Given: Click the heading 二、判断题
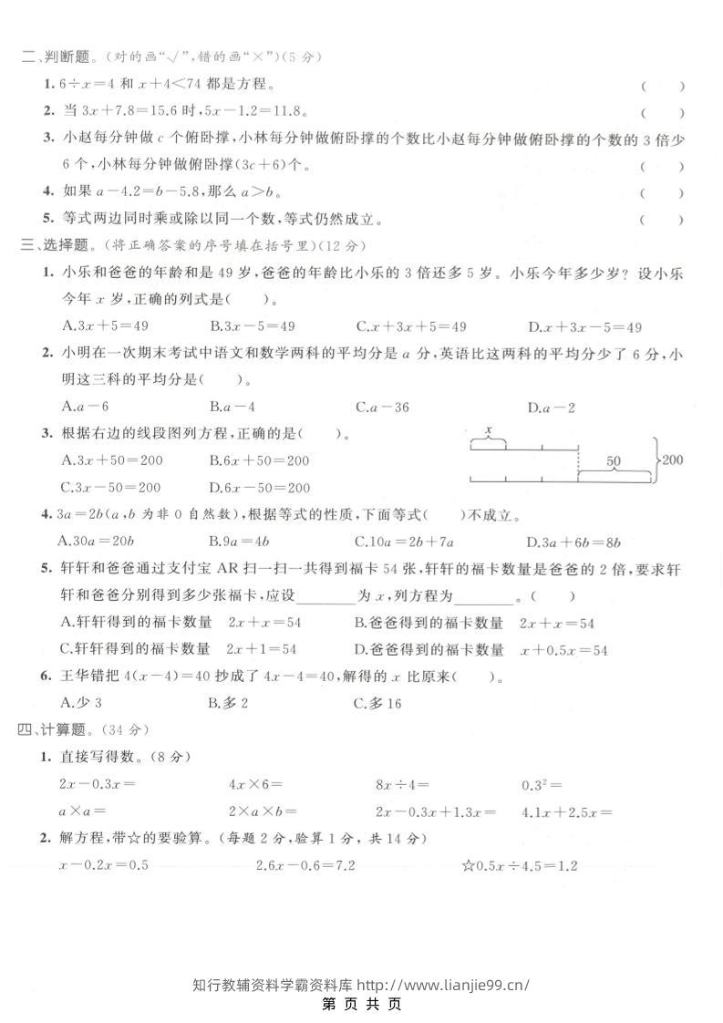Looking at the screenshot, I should (x=56, y=57).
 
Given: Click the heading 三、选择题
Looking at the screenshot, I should (x=56, y=244).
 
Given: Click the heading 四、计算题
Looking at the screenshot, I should (x=56, y=729).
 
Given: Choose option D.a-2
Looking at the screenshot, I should (x=552, y=408).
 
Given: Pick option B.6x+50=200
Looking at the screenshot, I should (x=259, y=460).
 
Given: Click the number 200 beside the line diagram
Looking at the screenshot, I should (x=672, y=460).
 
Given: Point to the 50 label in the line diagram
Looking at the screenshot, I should (x=613, y=462).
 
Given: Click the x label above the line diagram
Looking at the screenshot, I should (x=489, y=429).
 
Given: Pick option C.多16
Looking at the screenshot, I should (x=378, y=702).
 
